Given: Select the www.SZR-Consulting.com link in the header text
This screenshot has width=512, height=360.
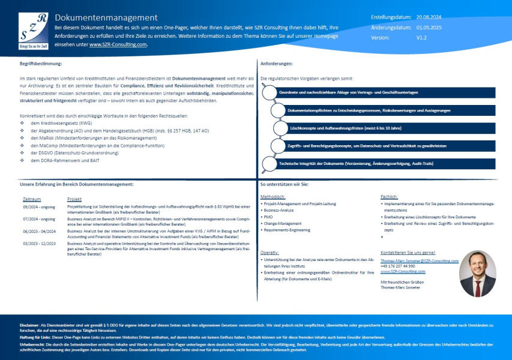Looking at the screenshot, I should [x=118, y=44].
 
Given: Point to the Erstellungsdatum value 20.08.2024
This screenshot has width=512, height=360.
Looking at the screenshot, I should [x=429, y=17].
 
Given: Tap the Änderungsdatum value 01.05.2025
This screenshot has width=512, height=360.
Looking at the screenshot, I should [x=429, y=27].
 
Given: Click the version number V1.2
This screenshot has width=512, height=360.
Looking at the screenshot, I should [x=421, y=37].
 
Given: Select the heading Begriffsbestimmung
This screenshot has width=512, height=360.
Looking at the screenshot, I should [x=40, y=63].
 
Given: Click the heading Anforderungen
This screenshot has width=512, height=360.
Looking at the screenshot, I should [x=277, y=63].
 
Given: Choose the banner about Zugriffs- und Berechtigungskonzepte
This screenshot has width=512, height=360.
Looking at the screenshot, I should [x=366, y=145].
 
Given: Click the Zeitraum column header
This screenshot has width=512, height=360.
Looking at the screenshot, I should [x=32, y=199].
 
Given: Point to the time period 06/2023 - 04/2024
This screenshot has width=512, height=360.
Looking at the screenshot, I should [x=38, y=230].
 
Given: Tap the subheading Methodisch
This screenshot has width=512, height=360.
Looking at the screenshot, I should [x=273, y=197].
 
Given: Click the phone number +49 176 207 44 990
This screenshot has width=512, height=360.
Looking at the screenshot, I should [x=397, y=266].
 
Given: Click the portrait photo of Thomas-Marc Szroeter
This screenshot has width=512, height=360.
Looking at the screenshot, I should [x=477, y=274].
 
